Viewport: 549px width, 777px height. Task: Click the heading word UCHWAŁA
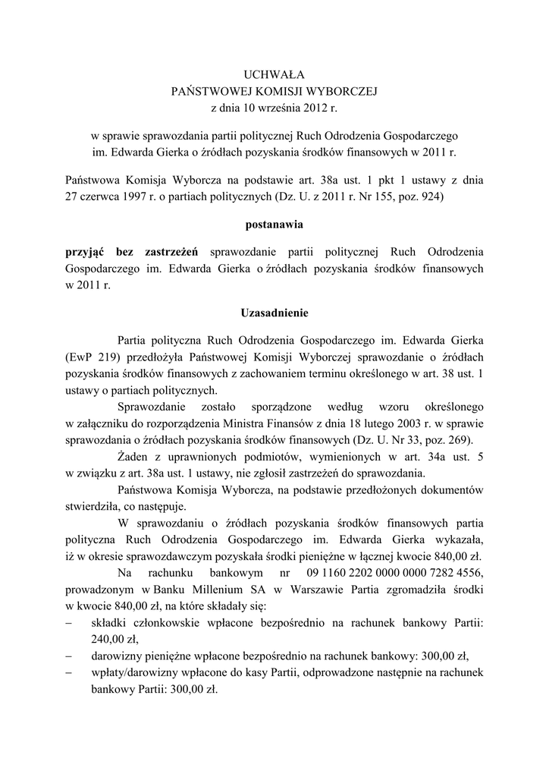click(x=273, y=74)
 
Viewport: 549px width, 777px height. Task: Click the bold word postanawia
click(x=274, y=225)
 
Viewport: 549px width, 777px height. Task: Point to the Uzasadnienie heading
click(x=274, y=312)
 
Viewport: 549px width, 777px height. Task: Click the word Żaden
click(x=133, y=457)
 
